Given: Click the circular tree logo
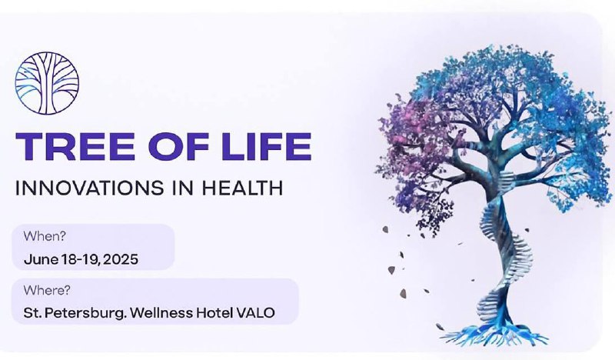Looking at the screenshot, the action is tap(47, 83).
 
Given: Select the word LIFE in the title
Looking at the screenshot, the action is tap(267, 146).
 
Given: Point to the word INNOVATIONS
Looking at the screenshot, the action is tap(89, 188).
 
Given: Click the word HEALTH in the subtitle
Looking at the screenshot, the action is tap(242, 188).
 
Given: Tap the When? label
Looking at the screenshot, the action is tap(45, 236).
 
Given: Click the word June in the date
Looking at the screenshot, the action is tap(42, 259).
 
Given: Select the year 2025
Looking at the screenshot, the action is tap(121, 259).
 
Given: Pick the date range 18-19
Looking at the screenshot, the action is tap(80, 259).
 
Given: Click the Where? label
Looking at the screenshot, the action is tap(47, 290).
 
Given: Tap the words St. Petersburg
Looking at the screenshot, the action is tap(75, 313).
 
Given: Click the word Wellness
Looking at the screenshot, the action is tap(161, 313).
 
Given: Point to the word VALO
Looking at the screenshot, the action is tap(255, 313).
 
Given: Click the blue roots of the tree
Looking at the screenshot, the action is tap(494, 335).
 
